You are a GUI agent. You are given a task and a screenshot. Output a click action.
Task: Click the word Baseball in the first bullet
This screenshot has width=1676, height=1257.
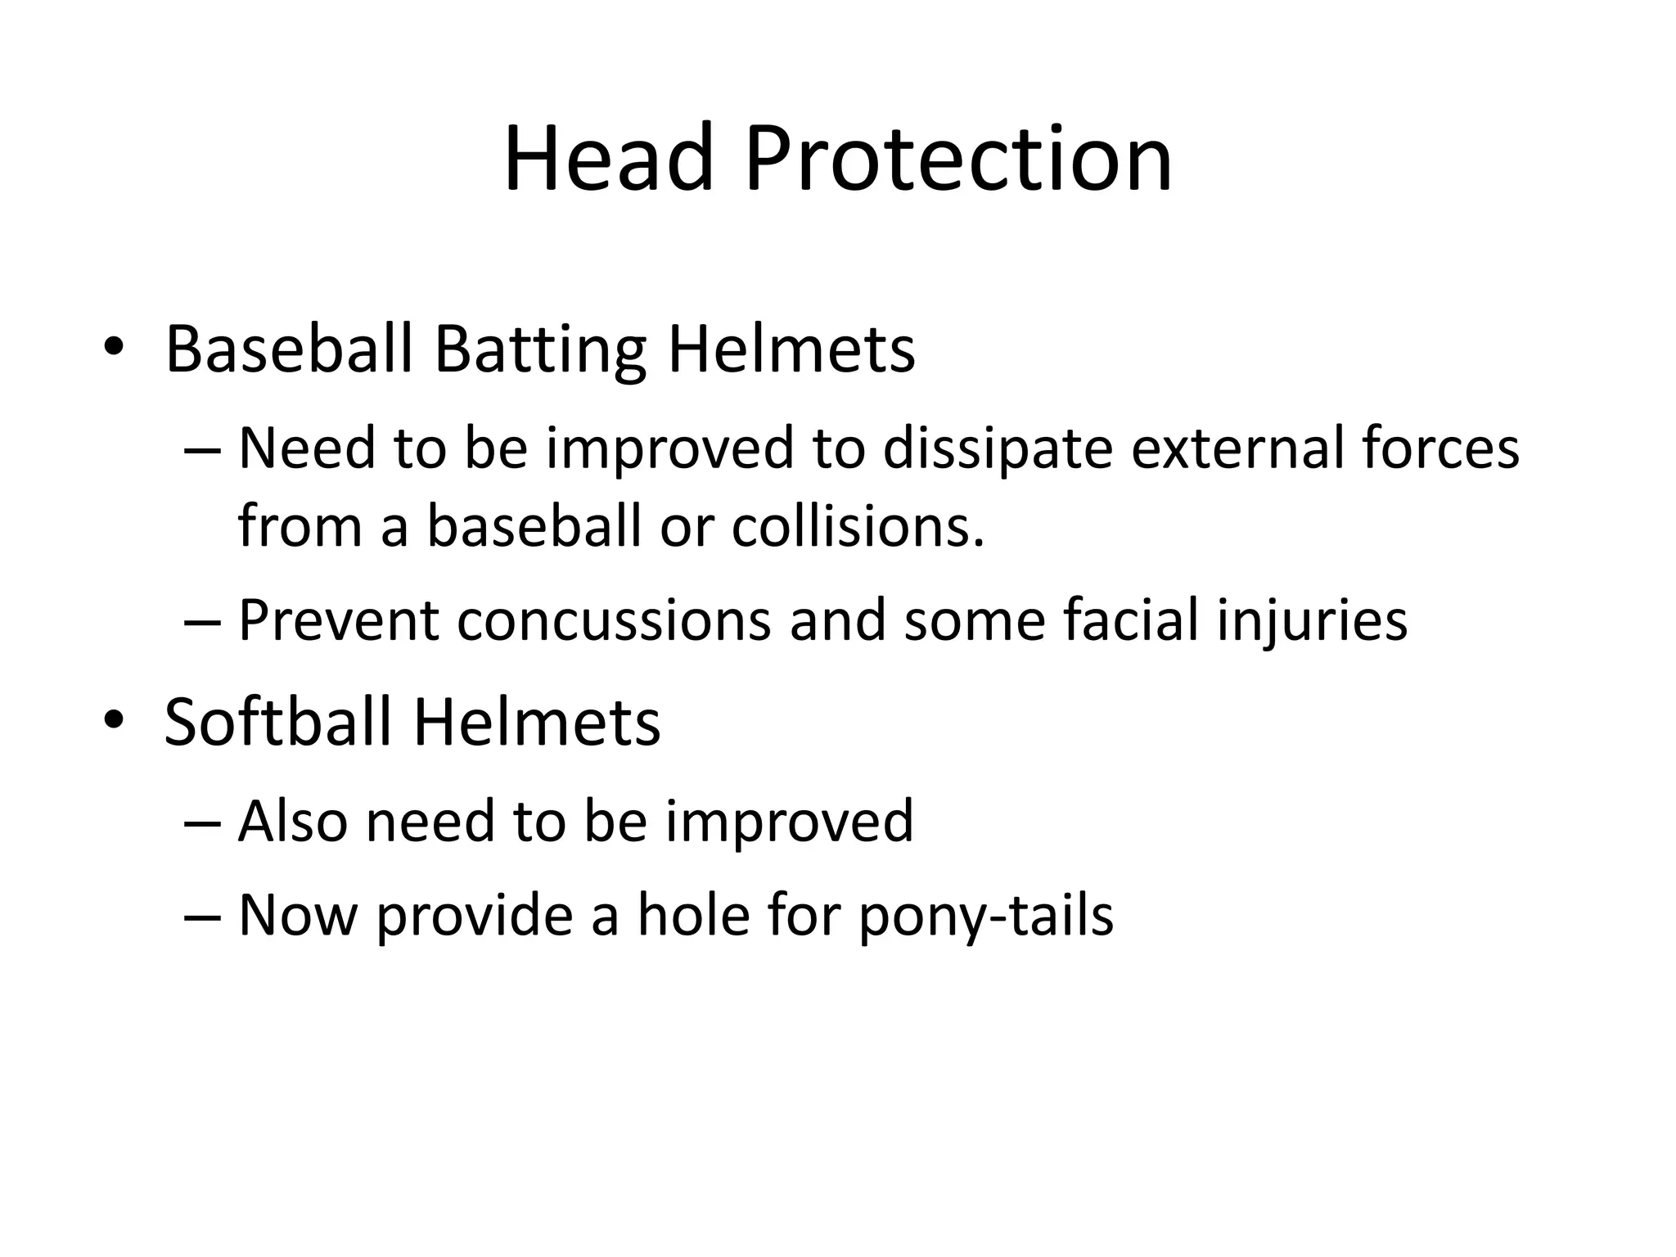289,350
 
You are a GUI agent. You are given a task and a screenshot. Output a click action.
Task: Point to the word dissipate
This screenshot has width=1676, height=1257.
998,449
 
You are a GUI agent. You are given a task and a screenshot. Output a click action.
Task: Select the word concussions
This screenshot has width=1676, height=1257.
614,619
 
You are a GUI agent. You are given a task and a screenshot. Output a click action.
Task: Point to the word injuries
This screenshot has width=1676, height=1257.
1312,621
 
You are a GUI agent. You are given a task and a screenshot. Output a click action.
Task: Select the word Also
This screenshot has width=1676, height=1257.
293,821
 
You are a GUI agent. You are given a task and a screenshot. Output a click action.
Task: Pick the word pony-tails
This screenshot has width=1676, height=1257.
986,916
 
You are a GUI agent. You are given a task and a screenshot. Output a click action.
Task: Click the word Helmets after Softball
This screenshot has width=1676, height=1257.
536,722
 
